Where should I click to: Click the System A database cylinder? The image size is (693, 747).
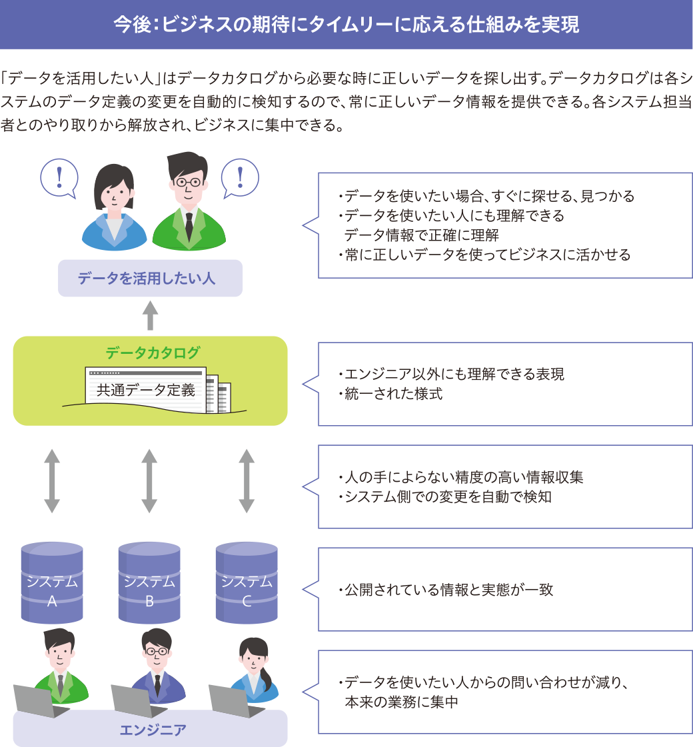tap(52, 582)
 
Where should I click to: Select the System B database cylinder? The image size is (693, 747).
tap(149, 582)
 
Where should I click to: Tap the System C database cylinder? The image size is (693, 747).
tap(247, 582)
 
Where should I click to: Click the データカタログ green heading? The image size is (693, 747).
tap(153, 353)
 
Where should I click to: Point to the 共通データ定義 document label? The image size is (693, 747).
tap(146, 390)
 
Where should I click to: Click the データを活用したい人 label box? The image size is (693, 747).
tap(150, 278)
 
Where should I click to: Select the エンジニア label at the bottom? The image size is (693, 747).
tap(153, 729)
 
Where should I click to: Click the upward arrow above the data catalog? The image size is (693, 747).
tap(151, 315)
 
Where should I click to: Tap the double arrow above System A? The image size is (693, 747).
tap(52, 480)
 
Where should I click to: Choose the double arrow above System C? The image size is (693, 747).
tap(247, 480)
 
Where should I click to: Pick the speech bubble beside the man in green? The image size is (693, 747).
tap(240, 177)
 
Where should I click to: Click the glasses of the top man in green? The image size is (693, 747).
tap(188, 181)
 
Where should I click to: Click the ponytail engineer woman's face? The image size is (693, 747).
tap(253, 658)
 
